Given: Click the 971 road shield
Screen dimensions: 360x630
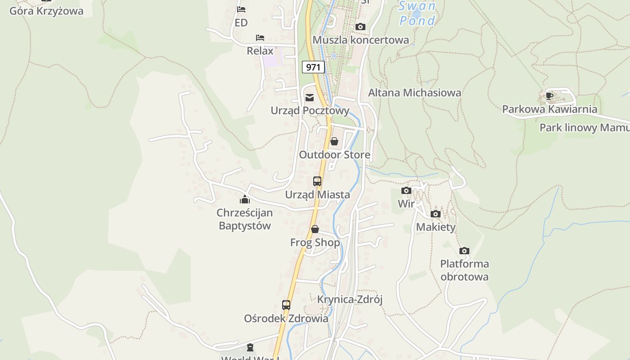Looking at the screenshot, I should tap(313, 67).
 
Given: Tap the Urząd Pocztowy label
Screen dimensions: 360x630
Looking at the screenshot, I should tap(310, 110).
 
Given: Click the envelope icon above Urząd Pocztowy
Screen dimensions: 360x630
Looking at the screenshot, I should tap(310, 98).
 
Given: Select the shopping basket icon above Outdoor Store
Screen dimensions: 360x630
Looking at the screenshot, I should tap(334, 142).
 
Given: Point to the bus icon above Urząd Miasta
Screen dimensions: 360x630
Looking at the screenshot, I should tap(317, 181).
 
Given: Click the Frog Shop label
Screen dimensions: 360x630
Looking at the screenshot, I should tap(315, 243).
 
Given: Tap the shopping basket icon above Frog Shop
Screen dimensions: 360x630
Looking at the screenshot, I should tap(315, 229).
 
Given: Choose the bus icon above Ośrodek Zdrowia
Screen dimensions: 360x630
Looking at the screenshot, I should tap(286, 305).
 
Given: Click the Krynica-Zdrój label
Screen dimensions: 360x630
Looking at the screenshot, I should tap(350, 300).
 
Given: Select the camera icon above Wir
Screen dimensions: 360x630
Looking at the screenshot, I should tap(406, 190).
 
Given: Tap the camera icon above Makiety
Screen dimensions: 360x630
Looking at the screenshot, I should tap(436, 214).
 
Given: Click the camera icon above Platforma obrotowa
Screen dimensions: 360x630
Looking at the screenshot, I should tap(464, 251).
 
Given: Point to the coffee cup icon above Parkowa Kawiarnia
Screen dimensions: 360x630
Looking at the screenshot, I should tap(549, 95).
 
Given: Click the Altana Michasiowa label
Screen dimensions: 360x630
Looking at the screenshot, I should tap(414, 93).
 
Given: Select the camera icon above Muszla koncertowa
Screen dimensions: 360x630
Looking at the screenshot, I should tap(360, 27).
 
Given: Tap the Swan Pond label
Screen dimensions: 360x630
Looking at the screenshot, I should tap(417, 13).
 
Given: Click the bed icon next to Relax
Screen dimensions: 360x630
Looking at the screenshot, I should tap(260, 37).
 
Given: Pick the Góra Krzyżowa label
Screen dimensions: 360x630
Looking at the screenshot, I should tap(46, 11).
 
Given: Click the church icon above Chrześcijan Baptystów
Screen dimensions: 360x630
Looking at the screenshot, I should tap(245, 199).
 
